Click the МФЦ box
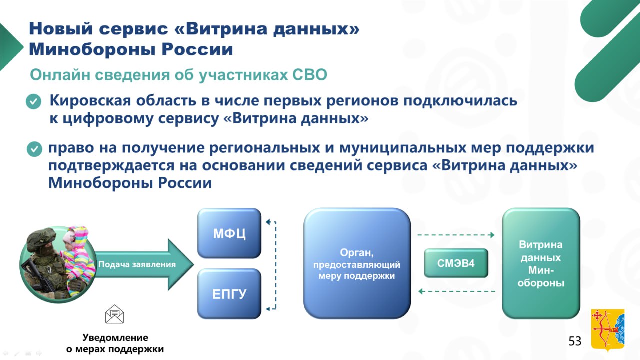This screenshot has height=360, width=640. (229, 233)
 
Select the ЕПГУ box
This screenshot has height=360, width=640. (229, 294)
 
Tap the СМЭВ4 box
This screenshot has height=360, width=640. (456, 263)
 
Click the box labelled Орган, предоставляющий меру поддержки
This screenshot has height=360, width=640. (357, 263)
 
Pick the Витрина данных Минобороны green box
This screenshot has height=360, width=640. (541, 263)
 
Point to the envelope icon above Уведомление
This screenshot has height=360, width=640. (114, 314)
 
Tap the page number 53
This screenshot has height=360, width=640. (575, 341)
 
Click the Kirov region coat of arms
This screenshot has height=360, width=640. (607, 330)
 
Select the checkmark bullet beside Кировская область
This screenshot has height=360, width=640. (33, 101)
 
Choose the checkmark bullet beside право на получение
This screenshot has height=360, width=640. (34, 149)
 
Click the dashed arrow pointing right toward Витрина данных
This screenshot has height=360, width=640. (456, 235)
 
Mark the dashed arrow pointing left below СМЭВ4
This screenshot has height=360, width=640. (457, 291)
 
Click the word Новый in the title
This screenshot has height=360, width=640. (61, 29)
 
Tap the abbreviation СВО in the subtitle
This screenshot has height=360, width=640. (309, 75)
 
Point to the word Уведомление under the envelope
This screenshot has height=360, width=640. (115, 337)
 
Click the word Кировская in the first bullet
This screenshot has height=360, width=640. (90, 100)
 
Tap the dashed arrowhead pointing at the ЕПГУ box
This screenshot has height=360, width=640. (268, 309)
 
